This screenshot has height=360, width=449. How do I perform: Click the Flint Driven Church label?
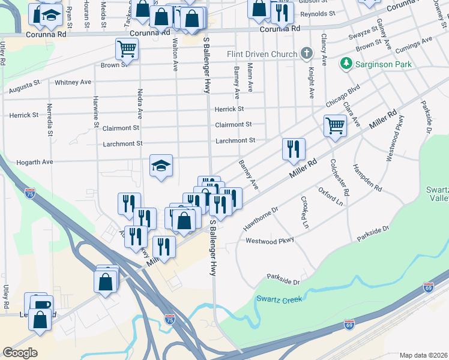262,54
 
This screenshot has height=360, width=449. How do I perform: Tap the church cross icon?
307,54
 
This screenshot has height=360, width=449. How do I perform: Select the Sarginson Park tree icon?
346,64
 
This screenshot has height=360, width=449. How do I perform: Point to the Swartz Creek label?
278,298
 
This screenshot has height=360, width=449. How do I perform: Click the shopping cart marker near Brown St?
127,49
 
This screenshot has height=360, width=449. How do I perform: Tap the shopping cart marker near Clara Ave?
335,126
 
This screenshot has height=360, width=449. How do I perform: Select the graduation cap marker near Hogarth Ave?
161,166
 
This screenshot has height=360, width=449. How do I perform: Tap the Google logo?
20,352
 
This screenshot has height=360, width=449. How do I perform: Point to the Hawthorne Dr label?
261,220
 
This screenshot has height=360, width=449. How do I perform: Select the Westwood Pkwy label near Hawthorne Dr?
270,241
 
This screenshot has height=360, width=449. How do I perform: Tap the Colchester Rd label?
339,178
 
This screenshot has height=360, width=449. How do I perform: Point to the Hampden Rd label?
367,178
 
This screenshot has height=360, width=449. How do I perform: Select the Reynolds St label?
318,13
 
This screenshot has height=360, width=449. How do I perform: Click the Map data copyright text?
424,355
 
